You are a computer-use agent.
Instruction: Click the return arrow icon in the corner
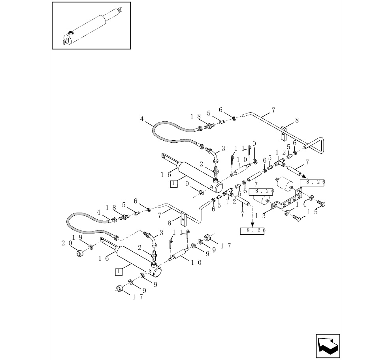pyautogui.click(x=328, y=346)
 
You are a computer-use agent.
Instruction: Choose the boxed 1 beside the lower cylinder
pyautogui.click(x=118, y=271)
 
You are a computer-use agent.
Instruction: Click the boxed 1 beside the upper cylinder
pyautogui.click(x=173, y=183)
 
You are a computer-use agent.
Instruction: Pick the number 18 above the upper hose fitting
pyautogui.click(x=194, y=117)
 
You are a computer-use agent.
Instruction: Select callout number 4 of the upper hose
pyautogui.click(x=142, y=118)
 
